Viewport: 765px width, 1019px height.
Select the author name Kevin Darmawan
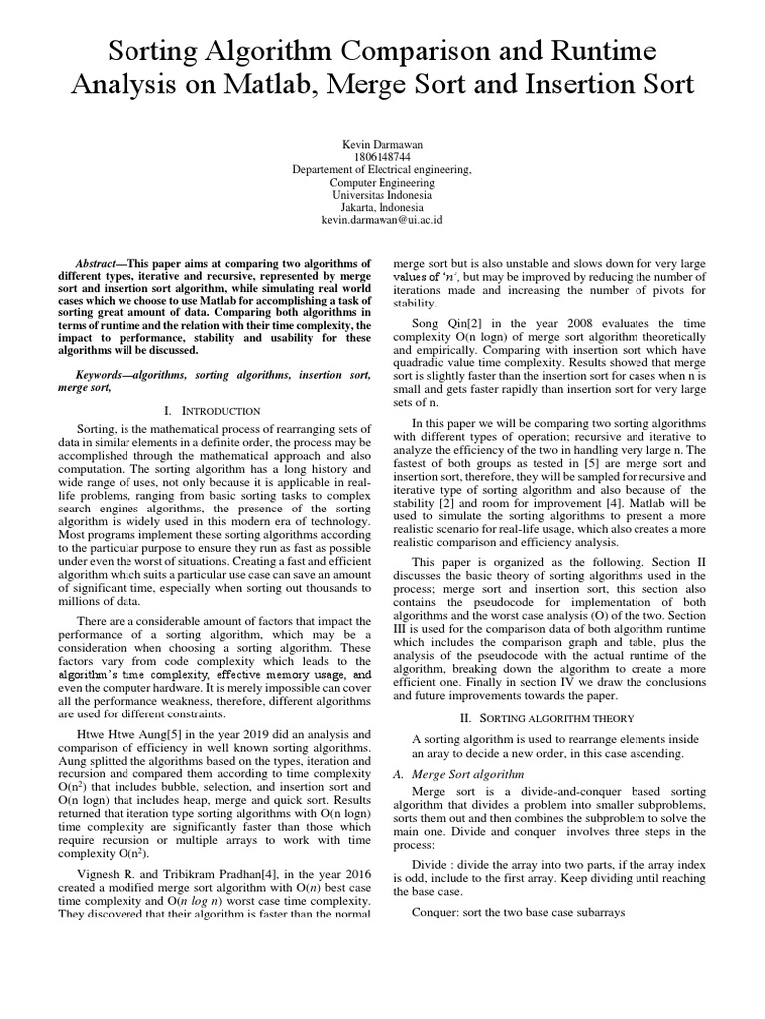click(382, 145)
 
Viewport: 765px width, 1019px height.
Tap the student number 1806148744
click(382, 157)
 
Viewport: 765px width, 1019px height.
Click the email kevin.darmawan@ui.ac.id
click(382, 218)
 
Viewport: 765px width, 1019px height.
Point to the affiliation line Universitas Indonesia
click(382, 194)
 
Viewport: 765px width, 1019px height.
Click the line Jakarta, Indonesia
click(382, 206)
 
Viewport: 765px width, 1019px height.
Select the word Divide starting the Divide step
click(431, 878)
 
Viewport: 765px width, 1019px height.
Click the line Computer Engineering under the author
click(382, 182)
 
